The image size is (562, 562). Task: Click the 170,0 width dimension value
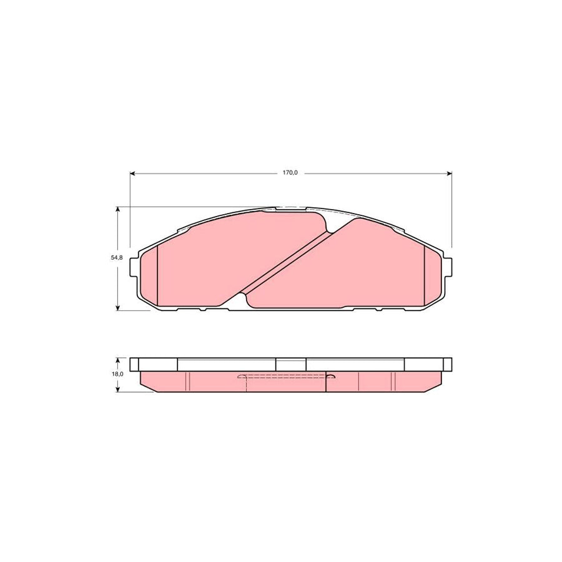pyautogui.click(x=290, y=173)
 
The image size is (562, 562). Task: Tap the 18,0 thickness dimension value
pyautogui.click(x=117, y=374)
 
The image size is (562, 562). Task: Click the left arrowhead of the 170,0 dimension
pyautogui.click(x=132, y=174)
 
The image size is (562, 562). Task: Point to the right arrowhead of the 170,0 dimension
pyautogui.click(x=450, y=174)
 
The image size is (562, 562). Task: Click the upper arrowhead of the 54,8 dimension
pyautogui.click(x=117, y=209)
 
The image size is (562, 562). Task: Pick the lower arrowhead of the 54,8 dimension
pyautogui.click(x=117, y=308)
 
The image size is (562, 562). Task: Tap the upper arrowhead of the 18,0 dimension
pyautogui.click(x=117, y=360)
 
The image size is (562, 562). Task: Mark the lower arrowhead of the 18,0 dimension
pyautogui.click(x=117, y=390)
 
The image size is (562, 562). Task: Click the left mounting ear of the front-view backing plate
pyautogui.click(x=134, y=267)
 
